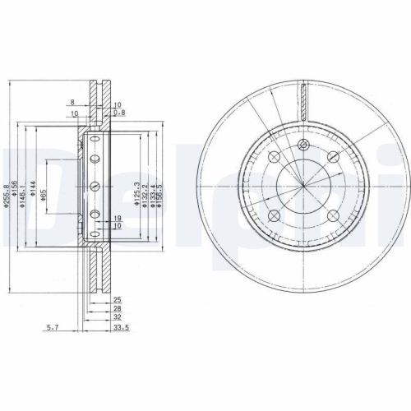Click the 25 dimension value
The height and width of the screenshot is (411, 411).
click(x=118, y=299)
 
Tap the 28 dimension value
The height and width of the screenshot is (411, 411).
click(x=118, y=308)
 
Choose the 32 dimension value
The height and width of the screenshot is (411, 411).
click(x=118, y=317)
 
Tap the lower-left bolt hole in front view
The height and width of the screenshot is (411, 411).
click(x=275, y=216)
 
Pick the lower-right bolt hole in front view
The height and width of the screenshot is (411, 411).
click(x=333, y=216)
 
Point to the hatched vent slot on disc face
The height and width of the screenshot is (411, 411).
click(x=304, y=102)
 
